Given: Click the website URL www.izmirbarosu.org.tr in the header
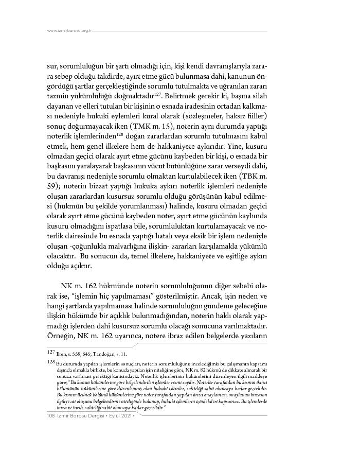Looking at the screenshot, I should point(69,31).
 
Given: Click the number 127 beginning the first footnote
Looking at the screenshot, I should point(50,354).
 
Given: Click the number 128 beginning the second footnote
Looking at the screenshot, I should point(50,362).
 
